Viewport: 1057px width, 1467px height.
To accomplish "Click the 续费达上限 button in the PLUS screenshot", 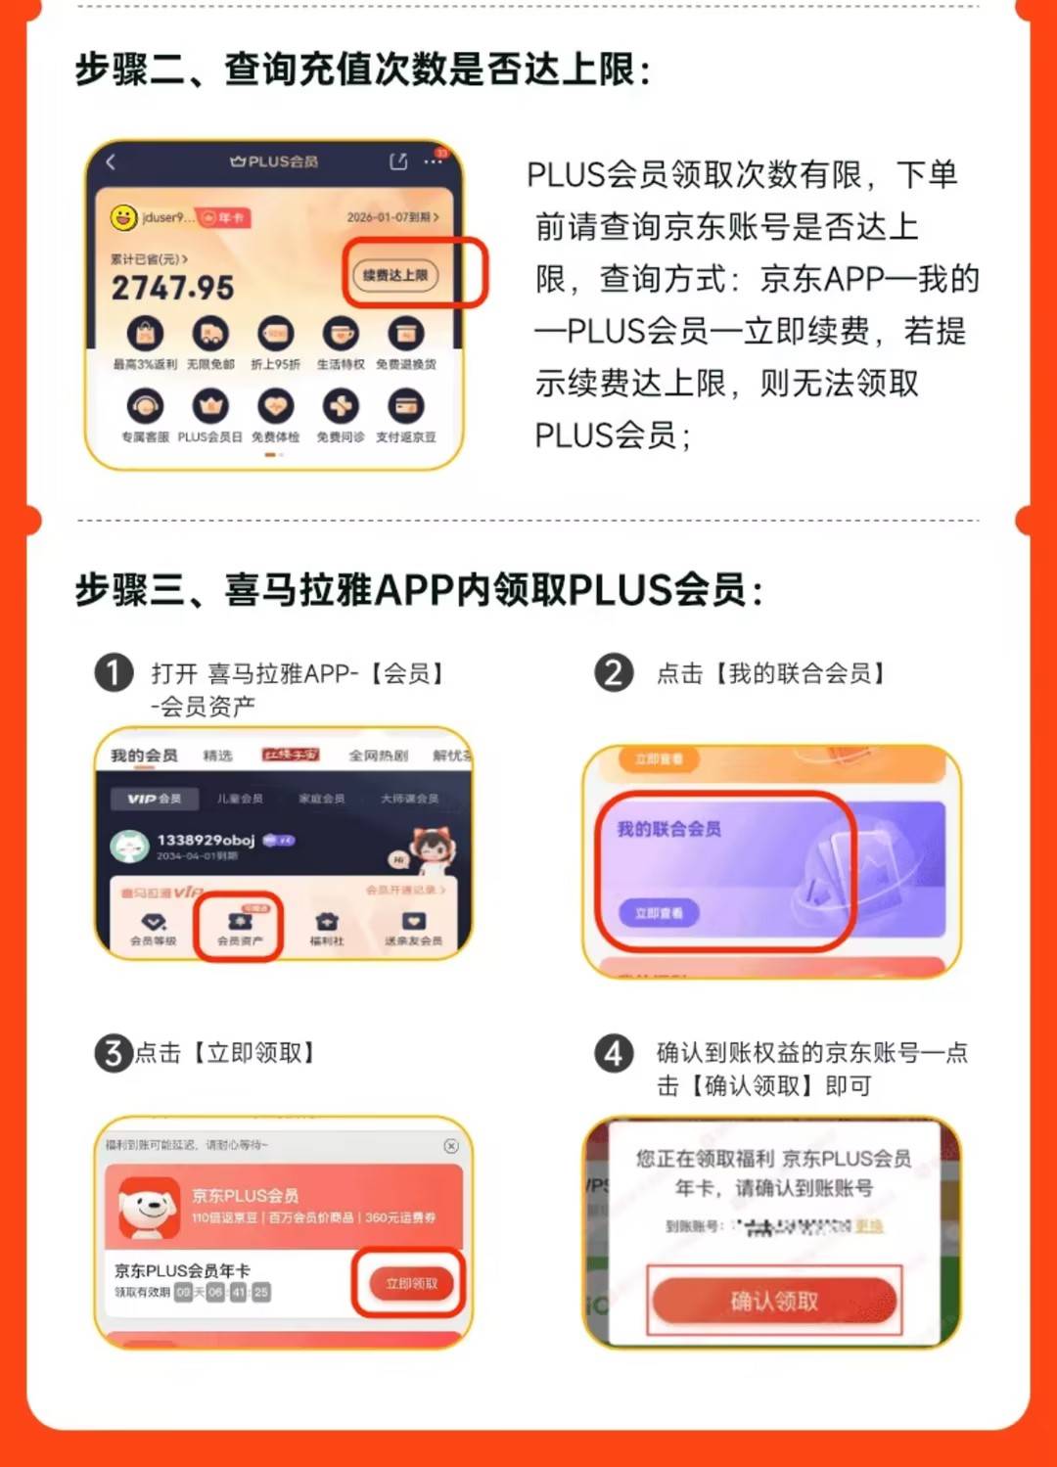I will [395, 275].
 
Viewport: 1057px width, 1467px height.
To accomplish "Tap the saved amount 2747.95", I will [172, 288].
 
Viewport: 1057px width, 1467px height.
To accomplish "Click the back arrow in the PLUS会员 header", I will [111, 162].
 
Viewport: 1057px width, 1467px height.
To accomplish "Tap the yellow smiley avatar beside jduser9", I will [123, 217].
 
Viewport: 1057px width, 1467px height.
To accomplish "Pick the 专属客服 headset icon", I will [145, 406].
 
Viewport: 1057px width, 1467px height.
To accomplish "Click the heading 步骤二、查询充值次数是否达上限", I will [362, 70].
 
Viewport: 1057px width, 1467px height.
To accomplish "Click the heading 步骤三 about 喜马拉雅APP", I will [419, 590].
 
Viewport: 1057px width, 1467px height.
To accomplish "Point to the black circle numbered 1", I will [114, 673].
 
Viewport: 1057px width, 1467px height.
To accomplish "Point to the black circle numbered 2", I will [614, 673].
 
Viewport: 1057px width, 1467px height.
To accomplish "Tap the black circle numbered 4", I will [614, 1054].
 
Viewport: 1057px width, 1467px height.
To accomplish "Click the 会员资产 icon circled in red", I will [240, 925].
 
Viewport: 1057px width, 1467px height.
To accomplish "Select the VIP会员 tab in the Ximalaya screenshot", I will [155, 799].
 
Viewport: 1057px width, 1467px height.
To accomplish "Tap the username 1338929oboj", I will [206, 840].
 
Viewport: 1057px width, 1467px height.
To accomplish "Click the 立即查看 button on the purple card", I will [659, 913].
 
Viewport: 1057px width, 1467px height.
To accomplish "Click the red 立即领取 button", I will [411, 1283].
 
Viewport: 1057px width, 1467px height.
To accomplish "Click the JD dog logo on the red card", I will [148, 1207].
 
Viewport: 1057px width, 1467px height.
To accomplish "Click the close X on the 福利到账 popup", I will [451, 1145].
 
